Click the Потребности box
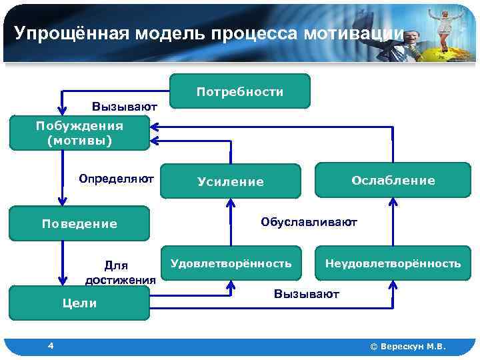(240, 91)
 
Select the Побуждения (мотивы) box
(79, 133)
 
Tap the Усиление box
(230, 181)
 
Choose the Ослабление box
(393, 180)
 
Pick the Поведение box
(79, 224)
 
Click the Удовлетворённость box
(231, 263)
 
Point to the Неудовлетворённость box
(393, 263)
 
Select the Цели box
(79, 303)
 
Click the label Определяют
(116, 179)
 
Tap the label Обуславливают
(309, 221)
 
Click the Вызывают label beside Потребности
(125, 106)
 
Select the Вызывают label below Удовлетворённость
(307, 294)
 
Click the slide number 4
(51, 345)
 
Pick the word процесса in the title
(257, 33)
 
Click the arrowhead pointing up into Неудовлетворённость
(393, 285)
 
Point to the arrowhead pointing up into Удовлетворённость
(231, 285)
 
